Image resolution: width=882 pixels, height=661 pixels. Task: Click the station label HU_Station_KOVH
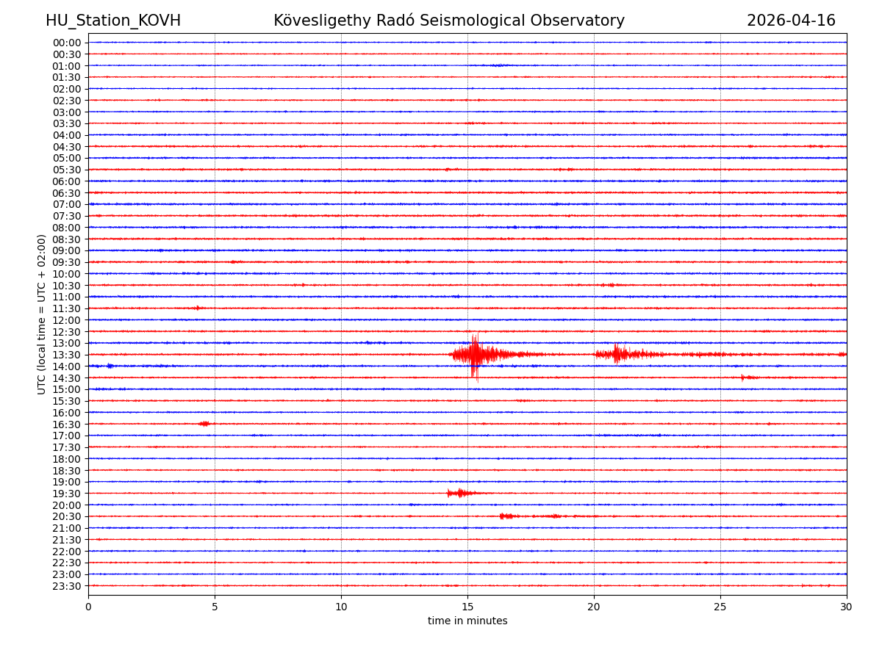pos(113,21)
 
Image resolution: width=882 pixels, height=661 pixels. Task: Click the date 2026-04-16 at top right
pos(791,21)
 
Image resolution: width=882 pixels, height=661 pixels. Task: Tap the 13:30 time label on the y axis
pos(66,355)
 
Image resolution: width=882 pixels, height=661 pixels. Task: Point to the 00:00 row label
pos(66,43)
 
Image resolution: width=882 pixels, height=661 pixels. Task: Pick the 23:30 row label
pos(66,586)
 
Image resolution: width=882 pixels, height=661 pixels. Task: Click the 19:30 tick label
pos(66,494)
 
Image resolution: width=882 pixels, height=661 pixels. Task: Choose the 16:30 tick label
pos(66,424)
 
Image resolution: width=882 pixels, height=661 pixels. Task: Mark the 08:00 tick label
pos(66,228)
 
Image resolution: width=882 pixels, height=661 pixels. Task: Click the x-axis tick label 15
pos(467,607)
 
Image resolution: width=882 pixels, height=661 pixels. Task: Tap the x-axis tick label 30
pos(847,607)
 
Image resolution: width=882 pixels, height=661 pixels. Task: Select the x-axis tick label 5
pos(215,607)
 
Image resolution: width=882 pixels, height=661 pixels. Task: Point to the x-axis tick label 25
pos(720,607)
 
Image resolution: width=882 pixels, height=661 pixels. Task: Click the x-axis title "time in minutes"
pos(467,621)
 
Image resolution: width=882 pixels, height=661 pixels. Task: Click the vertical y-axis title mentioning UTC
pos(42,314)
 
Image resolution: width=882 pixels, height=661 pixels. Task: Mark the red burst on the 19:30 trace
pos(460,493)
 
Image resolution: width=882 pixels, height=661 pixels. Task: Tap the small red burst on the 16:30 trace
pos(204,424)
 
